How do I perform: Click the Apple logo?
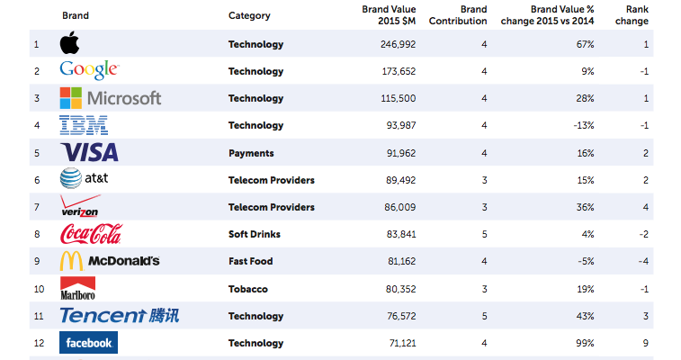[69, 43]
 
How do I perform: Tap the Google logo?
[89, 70]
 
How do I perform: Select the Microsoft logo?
[110, 97]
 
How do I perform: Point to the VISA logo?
[89, 152]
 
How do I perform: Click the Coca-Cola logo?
[90, 234]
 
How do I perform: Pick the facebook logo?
[88, 343]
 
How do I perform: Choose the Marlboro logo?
[77, 288]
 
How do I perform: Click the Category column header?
[249, 16]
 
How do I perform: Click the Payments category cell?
[251, 153]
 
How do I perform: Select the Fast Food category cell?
[250, 261]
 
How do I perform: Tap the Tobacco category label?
[247, 289]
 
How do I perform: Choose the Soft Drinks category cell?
[255, 234]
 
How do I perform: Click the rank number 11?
[37, 316]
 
